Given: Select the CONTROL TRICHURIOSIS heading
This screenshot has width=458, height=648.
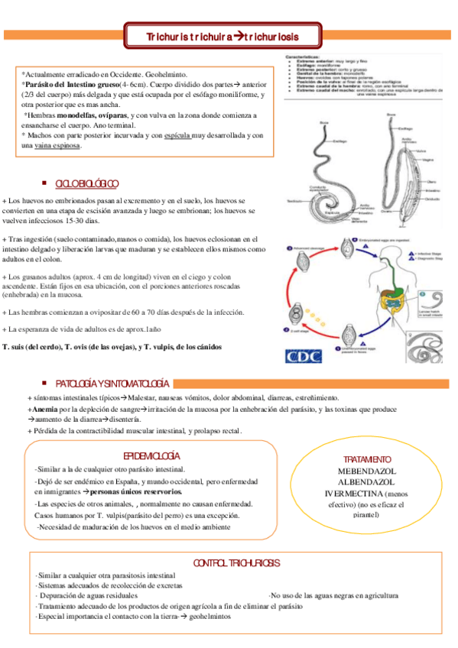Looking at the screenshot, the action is tap(236, 562).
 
